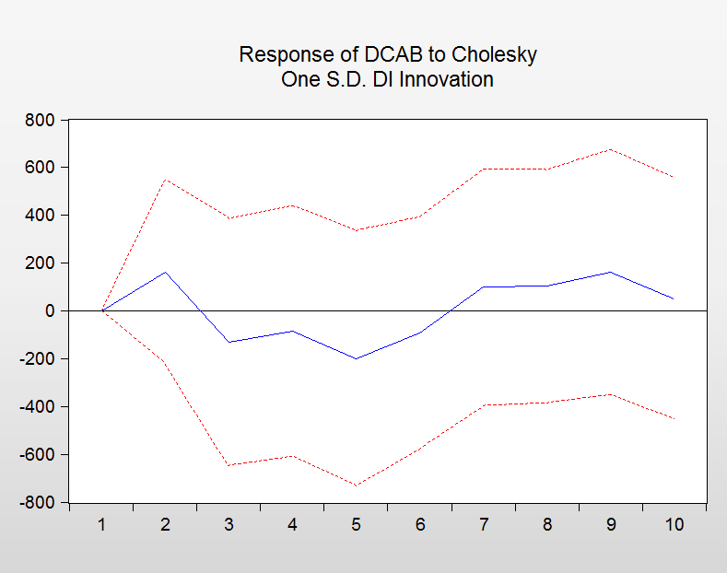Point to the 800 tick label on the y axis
[40, 120]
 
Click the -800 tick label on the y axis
[36, 503]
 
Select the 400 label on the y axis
[40, 216]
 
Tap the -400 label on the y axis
[36, 407]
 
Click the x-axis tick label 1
[101, 525]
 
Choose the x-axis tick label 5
[356, 525]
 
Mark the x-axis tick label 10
[674, 525]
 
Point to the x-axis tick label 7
[483, 525]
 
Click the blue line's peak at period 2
[165, 272]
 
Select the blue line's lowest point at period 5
[356, 358]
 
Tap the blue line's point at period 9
[610, 272]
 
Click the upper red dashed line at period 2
[165, 179]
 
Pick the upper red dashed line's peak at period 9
[610, 149]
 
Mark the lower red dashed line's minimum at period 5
[356, 485]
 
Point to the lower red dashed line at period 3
[229, 465]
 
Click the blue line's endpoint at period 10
[674, 298]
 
